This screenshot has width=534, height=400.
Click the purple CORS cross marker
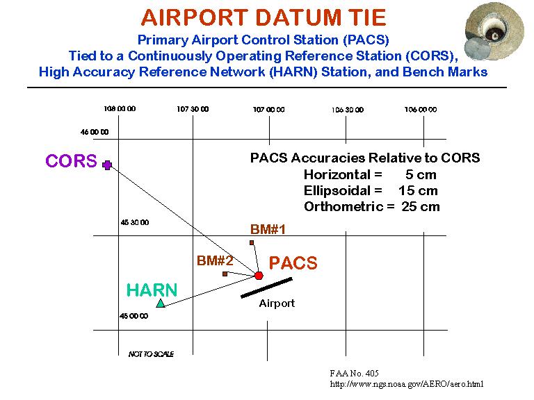[107, 165]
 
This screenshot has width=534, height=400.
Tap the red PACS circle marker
[259, 276]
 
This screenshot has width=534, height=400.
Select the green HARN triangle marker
[161, 303]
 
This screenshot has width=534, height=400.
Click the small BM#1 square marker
[252, 243]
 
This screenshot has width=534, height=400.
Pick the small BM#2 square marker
[225, 274]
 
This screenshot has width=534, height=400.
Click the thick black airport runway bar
[266, 287]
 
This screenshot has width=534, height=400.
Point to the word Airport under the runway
[277, 303]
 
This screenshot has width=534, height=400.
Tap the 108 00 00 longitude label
[120, 109]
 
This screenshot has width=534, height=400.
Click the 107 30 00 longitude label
[193, 109]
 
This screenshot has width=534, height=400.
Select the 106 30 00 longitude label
[348, 110]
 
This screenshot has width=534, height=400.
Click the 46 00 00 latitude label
[95, 132]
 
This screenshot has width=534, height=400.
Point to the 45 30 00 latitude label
[135, 222]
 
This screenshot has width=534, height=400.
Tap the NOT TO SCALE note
[151, 354]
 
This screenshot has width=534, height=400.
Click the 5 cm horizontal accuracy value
[421, 175]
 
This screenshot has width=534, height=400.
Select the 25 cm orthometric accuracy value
[421, 207]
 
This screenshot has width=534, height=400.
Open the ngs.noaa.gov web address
[407, 384]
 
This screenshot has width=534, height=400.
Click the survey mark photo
[494, 31]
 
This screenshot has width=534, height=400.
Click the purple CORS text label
[71, 161]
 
